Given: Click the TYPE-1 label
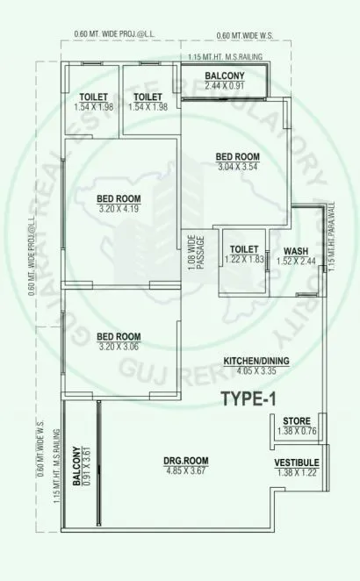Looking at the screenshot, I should click(248, 399).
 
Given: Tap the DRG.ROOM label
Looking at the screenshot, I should click(185, 462).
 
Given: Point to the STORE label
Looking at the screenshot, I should click(296, 423).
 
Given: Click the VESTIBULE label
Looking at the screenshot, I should click(296, 463).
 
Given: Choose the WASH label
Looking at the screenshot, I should click(295, 249).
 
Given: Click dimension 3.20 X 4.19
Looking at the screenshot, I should click(119, 210).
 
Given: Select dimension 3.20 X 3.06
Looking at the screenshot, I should click(119, 346).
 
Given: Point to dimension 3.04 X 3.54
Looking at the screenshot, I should click(238, 168).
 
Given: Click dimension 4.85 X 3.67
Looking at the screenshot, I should click(185, 471).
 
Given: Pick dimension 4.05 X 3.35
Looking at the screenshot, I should click(256, 370).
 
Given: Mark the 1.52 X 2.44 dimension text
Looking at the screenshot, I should click(295, 260).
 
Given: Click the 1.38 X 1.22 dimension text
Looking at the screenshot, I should click(296, 472).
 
